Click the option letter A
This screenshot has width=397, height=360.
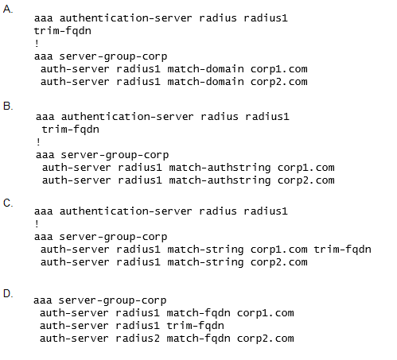click(7, 9)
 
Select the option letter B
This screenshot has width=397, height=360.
click(8, 106)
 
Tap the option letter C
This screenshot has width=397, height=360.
click(8, 203)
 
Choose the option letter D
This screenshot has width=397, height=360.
click(8, 293)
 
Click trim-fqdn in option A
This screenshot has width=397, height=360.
click(63, 31)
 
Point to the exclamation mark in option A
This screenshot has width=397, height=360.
click(37, 43)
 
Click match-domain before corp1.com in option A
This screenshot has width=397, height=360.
click(205, 69)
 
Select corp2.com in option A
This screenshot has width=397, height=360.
click(279, 82)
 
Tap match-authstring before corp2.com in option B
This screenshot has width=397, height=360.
click(220, 180)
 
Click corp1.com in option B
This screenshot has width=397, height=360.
click(306, 168)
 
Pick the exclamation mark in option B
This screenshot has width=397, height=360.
click(38, 142)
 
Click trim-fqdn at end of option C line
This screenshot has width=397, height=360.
click(342, 250)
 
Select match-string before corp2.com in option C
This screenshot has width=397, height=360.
click(205, 262)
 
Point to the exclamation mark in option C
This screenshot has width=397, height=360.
click(37, 224)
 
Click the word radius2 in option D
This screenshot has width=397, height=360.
click(138, 339)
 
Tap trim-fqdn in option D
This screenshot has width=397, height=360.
click(195, 326)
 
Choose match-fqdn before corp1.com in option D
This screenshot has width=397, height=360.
click(198, 313)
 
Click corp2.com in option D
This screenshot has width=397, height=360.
click(266, 339)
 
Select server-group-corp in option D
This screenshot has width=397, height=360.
click(112, 300)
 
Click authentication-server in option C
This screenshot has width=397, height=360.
click(126, 211)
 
